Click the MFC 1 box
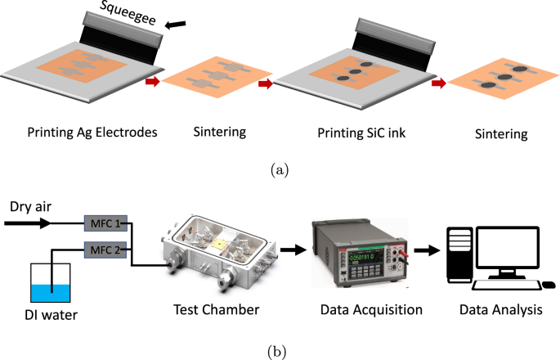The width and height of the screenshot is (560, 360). (105, 222)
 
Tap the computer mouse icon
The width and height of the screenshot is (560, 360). (549, 285)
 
